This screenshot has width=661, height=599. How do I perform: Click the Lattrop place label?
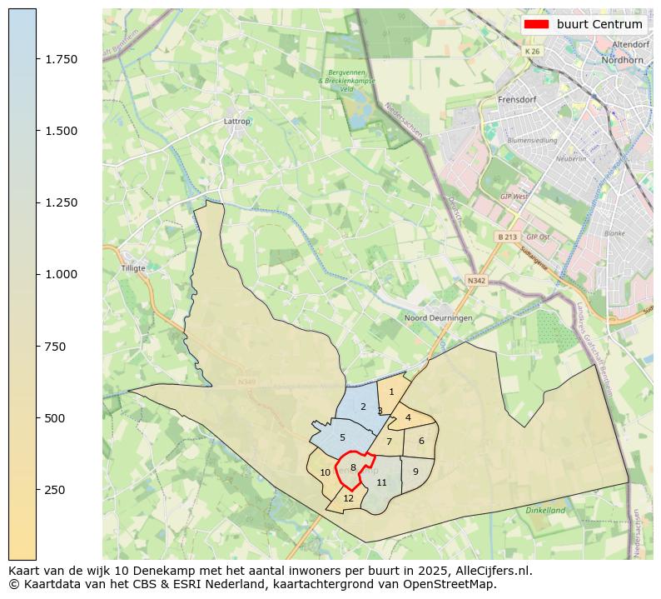point(237,121)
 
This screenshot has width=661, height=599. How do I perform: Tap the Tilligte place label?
point(133,268)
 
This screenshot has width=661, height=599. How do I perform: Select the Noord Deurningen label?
point(438,318)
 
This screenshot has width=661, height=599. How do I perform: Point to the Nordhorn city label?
point(624,60)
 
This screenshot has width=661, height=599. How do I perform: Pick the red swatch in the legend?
point(536,24)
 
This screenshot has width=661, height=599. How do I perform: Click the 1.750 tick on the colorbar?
point(62,59)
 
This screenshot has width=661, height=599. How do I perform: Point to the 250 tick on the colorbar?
point(56,489)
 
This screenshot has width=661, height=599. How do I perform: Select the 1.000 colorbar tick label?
point(62,274)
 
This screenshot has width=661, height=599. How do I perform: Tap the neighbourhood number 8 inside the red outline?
point(353,467)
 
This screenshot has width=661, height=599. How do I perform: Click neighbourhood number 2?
point(363,407)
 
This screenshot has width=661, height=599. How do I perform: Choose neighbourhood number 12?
point(349,498)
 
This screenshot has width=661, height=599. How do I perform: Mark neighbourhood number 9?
point(415,472)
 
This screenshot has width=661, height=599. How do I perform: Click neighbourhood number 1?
point(391,392)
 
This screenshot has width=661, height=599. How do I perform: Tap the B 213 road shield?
point(507,237)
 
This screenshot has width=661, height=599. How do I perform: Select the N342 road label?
point(476,281)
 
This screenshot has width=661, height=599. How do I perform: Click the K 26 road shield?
point(532,52)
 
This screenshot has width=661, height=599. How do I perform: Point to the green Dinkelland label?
point(545,510)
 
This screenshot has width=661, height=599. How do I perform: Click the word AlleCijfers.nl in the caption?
point(490,571)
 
